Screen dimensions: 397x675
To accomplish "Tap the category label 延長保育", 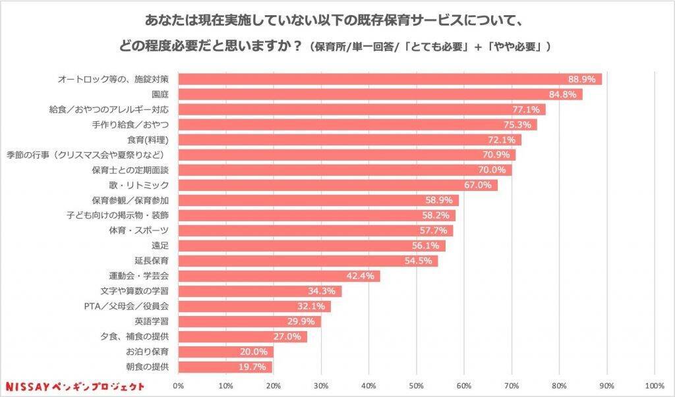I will [152, 261].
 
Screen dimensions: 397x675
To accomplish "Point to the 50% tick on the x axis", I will [417, 385].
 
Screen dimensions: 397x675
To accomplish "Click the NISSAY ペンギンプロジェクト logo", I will [74, 385].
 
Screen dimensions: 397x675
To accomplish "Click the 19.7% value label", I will [254, 367].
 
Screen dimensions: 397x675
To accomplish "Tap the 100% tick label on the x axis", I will [654, 385].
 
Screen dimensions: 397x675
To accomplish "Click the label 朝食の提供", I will [148, 367].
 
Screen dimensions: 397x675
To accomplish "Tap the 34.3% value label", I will [322, 291].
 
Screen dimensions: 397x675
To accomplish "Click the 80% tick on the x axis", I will [559, 385].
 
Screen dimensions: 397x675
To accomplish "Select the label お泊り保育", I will [148, 352].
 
